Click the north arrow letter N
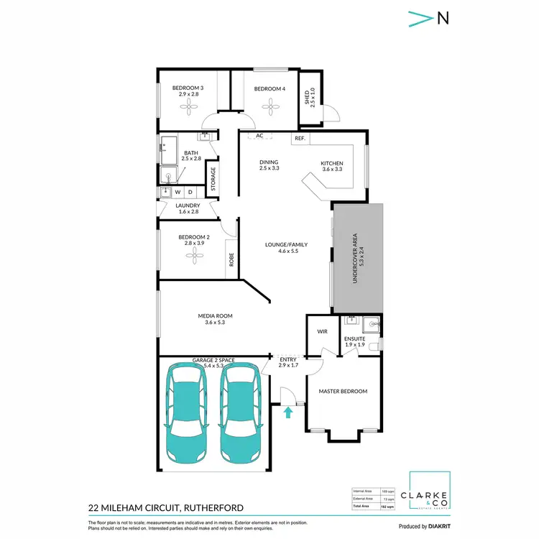tap(443, 19)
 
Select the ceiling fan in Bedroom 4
tap(270, 107)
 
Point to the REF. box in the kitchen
tap(300, 138)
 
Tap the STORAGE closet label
tap(213, 180)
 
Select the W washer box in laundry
tap(177, 192)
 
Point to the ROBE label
tap(231, 259)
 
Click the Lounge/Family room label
tap(286, 248)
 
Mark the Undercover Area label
tap(356, 258)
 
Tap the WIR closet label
tap(322, 331)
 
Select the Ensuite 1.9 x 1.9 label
tap(355, 341)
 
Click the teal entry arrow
tap(289, 413)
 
